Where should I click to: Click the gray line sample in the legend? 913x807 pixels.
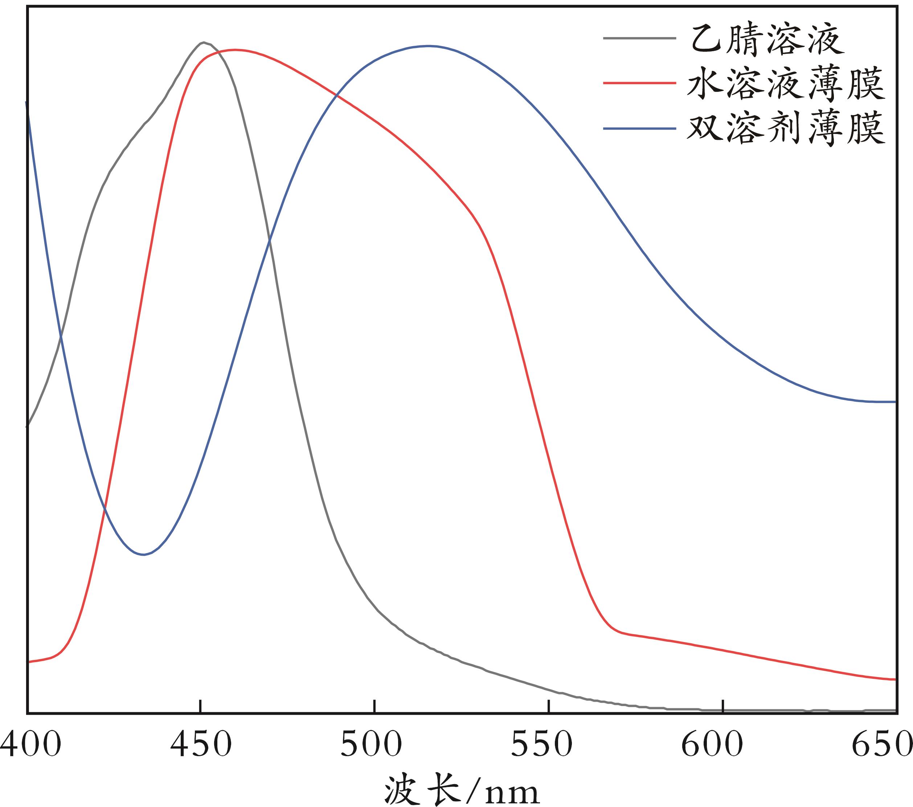tap(639, 38)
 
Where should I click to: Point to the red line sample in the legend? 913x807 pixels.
tap(639, 83)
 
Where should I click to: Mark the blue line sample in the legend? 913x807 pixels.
tap(639, 129)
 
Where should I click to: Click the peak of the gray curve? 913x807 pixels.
tap(204, 42)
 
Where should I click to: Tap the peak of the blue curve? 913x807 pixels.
tap(428, 46)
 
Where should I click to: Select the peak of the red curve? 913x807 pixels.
tap(234, 50)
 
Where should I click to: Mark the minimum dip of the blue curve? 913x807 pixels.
tap(143, 555)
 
